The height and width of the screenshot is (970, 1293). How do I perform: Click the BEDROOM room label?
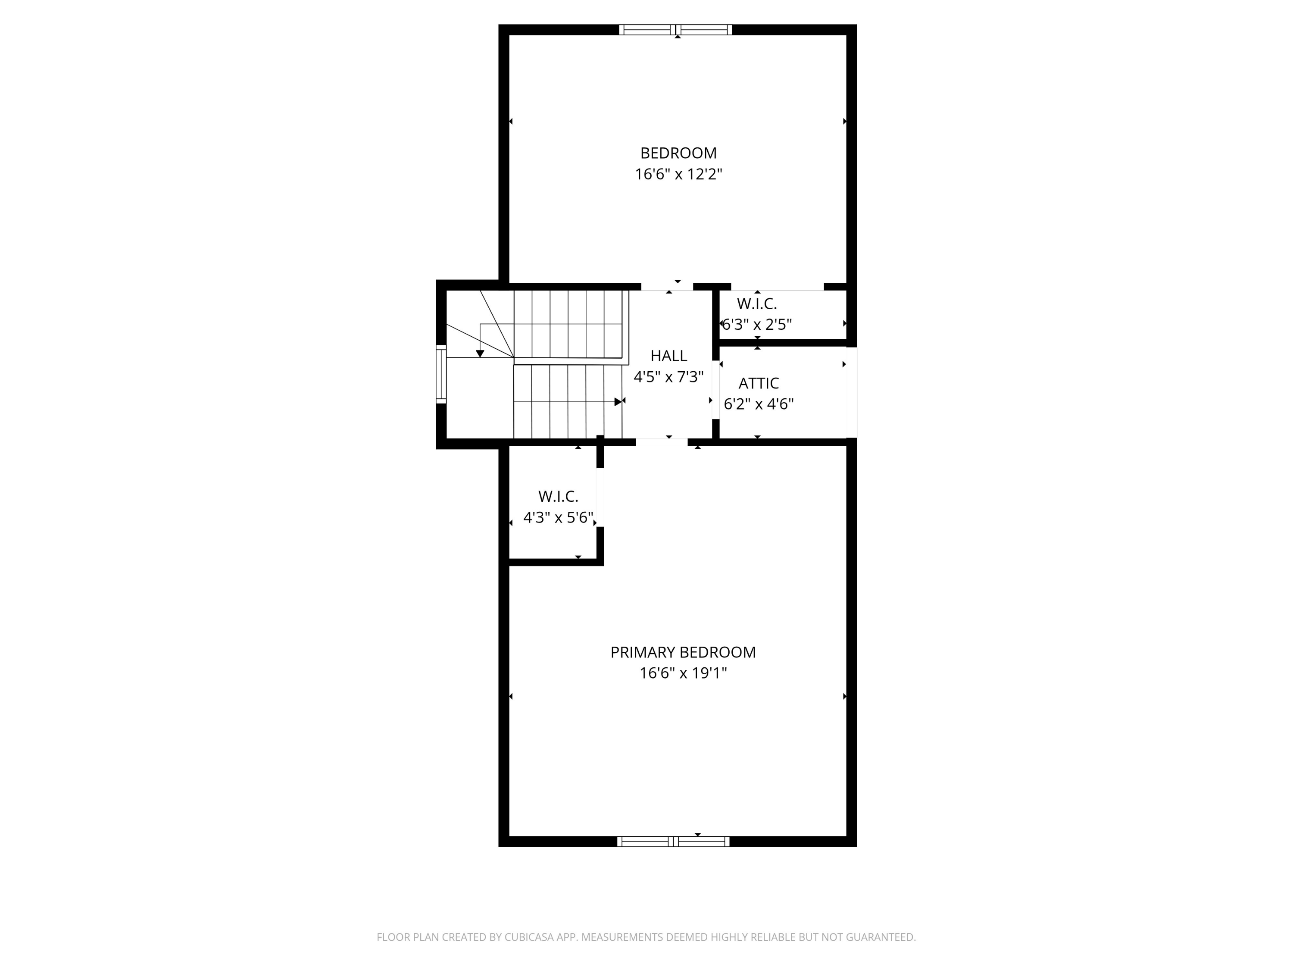[x=678, y=153]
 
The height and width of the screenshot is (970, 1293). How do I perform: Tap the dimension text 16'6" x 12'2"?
[x=678, y=174]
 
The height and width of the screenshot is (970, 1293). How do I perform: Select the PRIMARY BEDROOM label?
[x=683, y=652]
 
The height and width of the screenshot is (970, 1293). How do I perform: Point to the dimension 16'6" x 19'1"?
[x=683, y=673]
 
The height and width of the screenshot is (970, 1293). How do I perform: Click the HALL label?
[x=669, y=356]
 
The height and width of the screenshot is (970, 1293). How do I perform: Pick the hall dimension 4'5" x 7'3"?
[x=669, y=377]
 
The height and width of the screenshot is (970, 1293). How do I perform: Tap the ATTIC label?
[x=758, y=383]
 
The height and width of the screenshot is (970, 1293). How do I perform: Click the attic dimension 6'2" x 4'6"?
[x=758, y=404]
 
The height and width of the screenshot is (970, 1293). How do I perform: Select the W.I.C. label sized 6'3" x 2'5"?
[x=756, y=304]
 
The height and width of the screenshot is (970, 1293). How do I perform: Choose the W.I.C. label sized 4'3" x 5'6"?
[x=558, y=496]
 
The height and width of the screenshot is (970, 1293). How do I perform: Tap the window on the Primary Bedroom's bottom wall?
[x=673, y=842]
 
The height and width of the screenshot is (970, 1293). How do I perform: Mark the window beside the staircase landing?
[x=441, y=374]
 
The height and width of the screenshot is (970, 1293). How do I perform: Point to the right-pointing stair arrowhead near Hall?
[x=618, y=402]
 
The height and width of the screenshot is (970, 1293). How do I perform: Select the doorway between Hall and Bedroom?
[x=667, y=287]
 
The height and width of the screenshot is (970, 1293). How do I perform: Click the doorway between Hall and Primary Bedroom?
[x=661, y=442]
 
